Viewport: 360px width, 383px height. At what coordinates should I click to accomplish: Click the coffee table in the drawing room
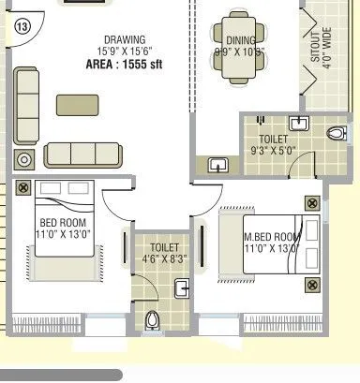[77, 104]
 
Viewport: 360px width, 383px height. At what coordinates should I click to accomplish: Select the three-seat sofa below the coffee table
[84, 153]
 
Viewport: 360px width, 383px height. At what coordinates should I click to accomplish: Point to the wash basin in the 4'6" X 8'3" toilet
[183, 287]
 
